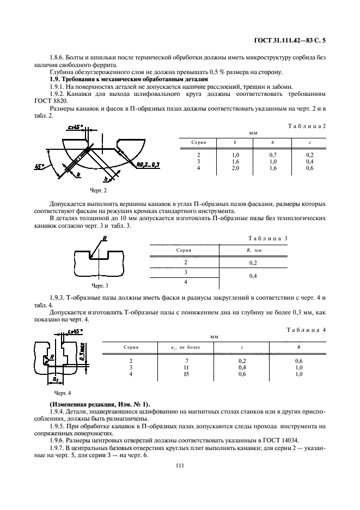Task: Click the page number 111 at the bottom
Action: click(179, 465)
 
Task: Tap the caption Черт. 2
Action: click(98, 191)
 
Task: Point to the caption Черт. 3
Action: click(100, 285)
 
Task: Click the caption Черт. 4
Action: click(63, 392)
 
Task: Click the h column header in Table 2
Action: click(273, 142)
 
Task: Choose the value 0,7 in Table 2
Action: click(273, 155)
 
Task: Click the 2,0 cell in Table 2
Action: click(236, 168)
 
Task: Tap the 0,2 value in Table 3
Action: click(253, 263)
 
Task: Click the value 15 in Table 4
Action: click(173, 374)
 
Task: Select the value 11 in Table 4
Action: click(173, 368)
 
